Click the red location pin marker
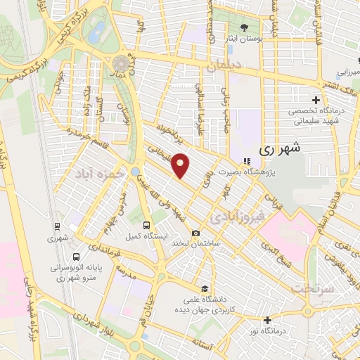[181, 165]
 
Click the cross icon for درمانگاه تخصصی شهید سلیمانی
[316, 98]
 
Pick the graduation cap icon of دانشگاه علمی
[204, 288]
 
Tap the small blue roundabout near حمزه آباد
[135, 171]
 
